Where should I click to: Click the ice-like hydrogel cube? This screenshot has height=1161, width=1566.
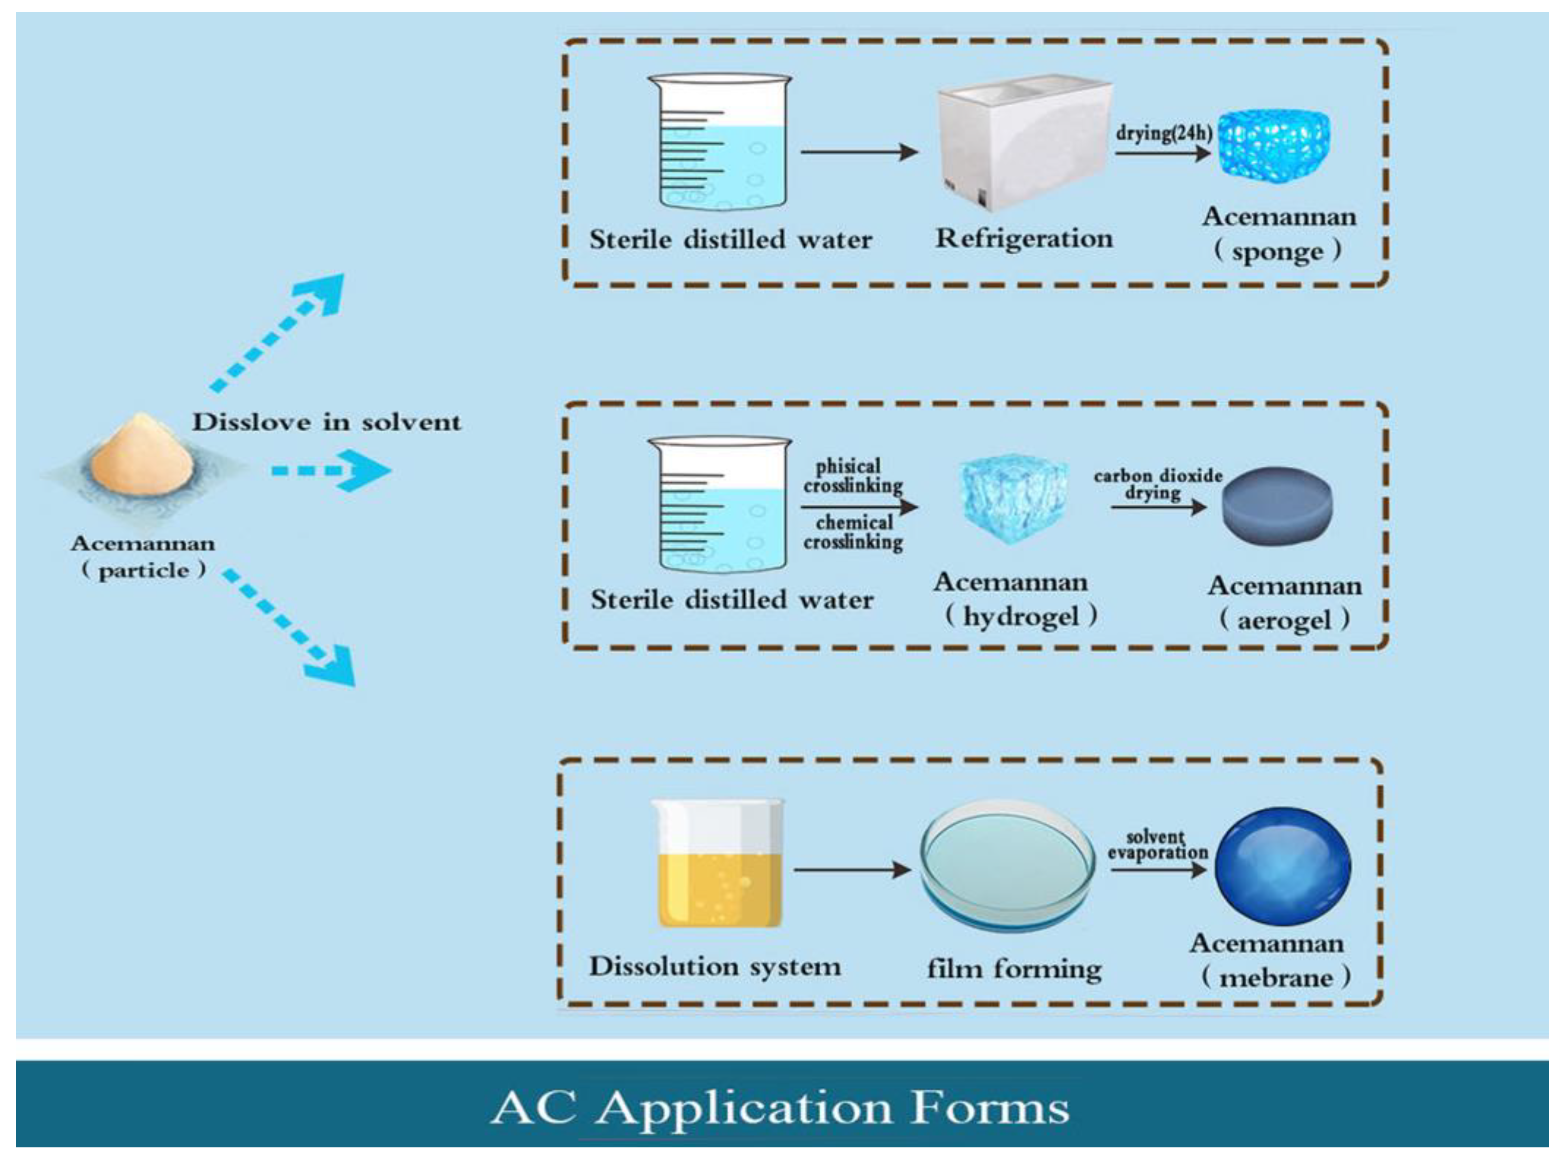click(1012, 497)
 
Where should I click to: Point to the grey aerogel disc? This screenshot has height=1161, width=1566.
click(1277, 506)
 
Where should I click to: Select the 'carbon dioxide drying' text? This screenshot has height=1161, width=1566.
click(1157, 483)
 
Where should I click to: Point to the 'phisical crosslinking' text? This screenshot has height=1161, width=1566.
click(852, 476)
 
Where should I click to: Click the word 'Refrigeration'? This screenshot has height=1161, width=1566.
click(1024, 238)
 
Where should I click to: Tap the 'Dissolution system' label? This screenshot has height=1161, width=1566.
click(714, 966)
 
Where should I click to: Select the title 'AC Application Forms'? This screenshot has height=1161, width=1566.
click(780, 1108)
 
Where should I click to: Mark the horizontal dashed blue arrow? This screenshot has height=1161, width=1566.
click(330, 470)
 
